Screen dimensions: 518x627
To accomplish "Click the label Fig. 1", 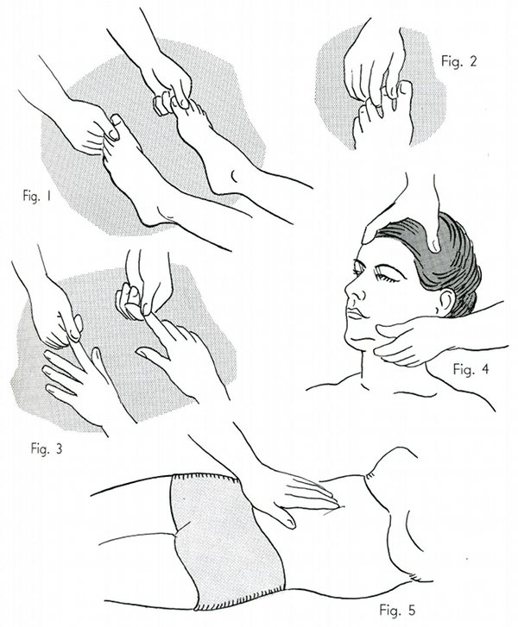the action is click(x=37, y=197).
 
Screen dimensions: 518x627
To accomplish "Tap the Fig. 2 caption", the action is click(x=459, y=61).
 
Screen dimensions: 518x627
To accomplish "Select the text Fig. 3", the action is click(x=47, y=448).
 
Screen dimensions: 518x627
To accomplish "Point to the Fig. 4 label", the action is click(x=471, y=368).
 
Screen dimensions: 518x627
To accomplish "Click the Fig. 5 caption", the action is click(x=397, y=610).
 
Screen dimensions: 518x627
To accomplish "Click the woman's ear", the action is click(x=445, y=302).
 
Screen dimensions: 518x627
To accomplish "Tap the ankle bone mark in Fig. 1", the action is click(x=234, y=175).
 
